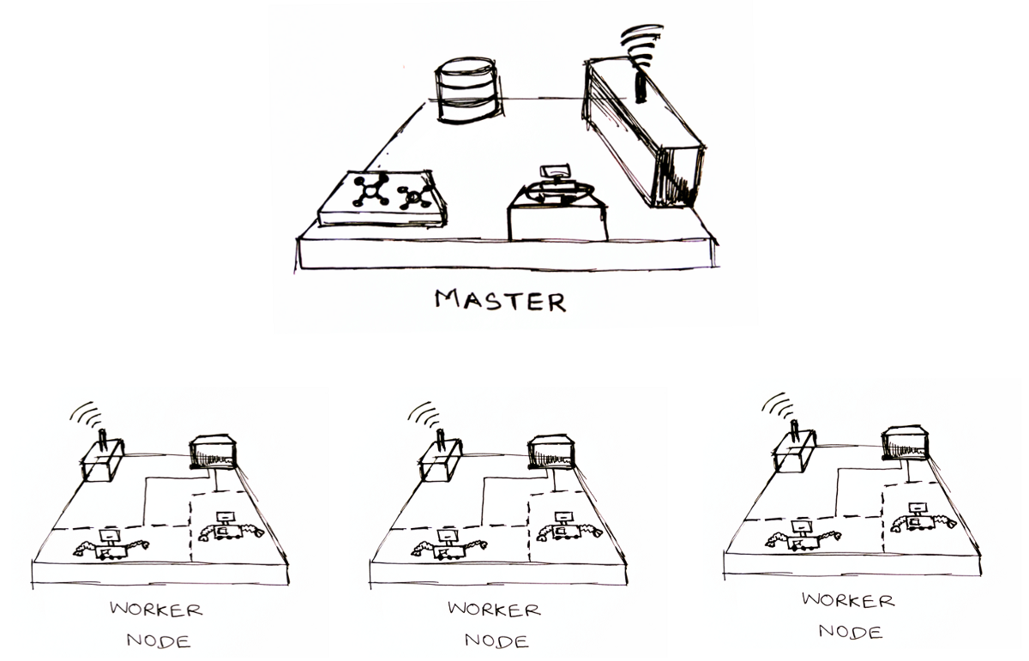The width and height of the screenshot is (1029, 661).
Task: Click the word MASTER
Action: coord(500,300)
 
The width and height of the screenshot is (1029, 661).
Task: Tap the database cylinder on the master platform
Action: coord(466,90)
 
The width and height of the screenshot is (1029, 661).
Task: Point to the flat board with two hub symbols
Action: coord(382,198)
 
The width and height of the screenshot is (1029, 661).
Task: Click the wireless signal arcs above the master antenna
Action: coord(641,43)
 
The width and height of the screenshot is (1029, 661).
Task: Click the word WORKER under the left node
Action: coord(156,610)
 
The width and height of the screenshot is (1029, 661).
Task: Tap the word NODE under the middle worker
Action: coord(496,640)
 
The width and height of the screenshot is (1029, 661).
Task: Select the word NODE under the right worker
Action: coord(851,632)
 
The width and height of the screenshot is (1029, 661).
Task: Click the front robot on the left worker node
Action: coord(111,545)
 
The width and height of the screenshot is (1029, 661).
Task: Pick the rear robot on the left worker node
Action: coord(231,527)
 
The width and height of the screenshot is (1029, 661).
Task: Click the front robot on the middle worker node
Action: coord(448,545)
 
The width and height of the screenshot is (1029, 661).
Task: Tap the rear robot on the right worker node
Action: coord(924,518)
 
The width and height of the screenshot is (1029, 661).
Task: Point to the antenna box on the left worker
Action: coord(104,460)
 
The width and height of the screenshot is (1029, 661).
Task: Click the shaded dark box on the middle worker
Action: coord(551,453)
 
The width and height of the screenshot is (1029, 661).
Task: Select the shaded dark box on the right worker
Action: coord(906,443)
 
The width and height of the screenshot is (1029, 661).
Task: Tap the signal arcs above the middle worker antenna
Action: coord(424,415)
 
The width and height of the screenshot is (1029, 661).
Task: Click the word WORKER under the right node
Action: coord(848,600)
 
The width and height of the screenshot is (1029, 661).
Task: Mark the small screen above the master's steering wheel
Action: coord(555,171)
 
